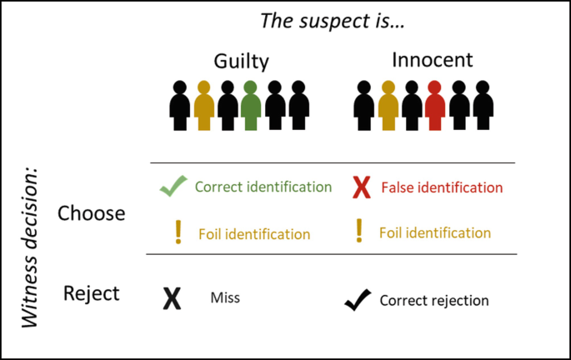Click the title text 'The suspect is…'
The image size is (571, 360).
click(x=333, y=22)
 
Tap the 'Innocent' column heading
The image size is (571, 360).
click(x=432, y=60)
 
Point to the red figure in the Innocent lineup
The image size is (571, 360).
click(x=434, y=105)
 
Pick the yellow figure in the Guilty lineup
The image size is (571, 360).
click(x=204, y=105)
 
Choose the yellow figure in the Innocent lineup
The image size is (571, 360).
click(x=387, y=105)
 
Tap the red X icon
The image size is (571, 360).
click(x=360, y=188)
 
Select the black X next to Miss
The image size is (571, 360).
click(x=172, y=298)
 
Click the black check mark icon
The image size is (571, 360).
click(x=357, y=299)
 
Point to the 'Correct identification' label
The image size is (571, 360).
click(x=263, y=187)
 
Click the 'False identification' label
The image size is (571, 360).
click(x=442, y=187)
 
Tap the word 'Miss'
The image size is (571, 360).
click(x=225, y=297)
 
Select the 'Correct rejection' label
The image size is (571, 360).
click(x=434, y=300)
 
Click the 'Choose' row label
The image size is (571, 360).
click(x=92, y=213)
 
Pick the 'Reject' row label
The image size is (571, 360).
click(x=92, y=293)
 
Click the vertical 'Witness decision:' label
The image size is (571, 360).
click(x=30, y=249)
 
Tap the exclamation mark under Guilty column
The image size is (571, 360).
click(x=178, y=232)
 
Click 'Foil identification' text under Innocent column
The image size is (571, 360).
click(x=435, y=232)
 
